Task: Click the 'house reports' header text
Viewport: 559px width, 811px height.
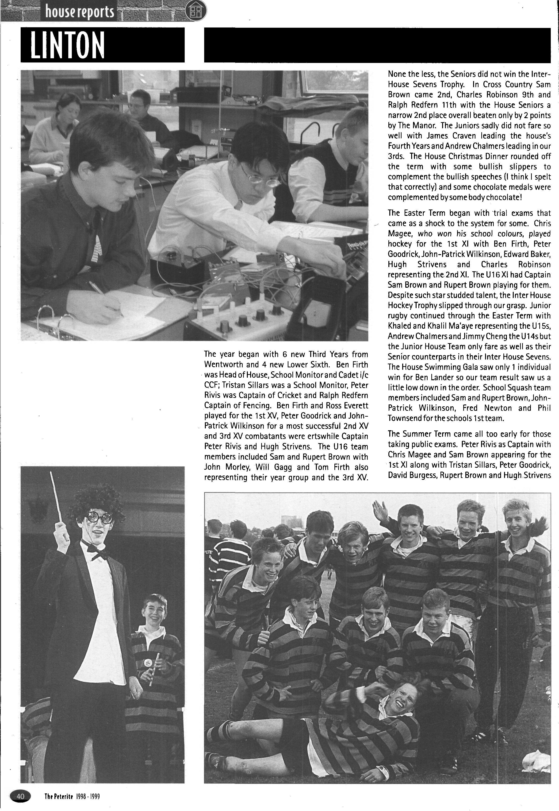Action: click(80, 12)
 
